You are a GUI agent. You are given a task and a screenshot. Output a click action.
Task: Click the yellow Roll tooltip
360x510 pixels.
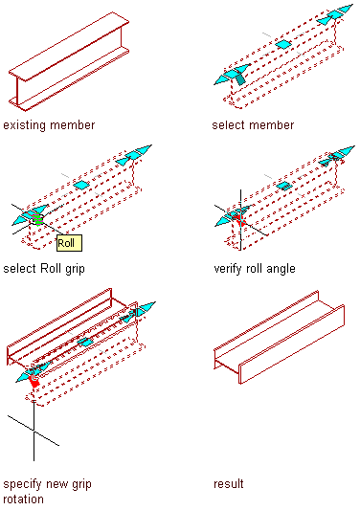point(69,243)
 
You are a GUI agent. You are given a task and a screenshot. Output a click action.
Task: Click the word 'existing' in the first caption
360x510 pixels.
point(24,125)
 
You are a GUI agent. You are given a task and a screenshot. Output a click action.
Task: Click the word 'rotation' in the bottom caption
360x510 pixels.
point(23,499)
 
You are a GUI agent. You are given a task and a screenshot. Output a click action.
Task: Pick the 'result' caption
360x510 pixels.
point(229,483)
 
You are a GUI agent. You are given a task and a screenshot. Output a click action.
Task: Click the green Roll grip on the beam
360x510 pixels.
point(37,219)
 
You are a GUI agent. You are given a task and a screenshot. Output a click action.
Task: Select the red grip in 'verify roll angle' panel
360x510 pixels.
point(240,219)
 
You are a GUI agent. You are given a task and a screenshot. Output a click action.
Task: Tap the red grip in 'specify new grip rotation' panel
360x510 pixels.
point(34,380)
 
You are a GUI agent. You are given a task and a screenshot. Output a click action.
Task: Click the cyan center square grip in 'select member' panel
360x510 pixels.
point(283,44)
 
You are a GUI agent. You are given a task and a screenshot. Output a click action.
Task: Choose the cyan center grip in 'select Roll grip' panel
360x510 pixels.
point(81,186)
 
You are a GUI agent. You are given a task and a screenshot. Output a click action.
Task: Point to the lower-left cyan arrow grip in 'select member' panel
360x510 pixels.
point(232,75)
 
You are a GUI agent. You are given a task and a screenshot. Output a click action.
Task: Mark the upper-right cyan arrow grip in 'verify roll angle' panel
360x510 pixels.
point(337,156)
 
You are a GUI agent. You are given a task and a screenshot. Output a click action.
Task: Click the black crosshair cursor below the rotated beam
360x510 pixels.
point(34,431)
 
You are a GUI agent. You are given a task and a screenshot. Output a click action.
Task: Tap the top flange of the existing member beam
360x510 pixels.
point(69,46)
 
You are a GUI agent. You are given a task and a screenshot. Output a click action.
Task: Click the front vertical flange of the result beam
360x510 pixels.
point(292,344)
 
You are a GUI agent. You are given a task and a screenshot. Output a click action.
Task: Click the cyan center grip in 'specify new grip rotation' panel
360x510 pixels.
point(85,342)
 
